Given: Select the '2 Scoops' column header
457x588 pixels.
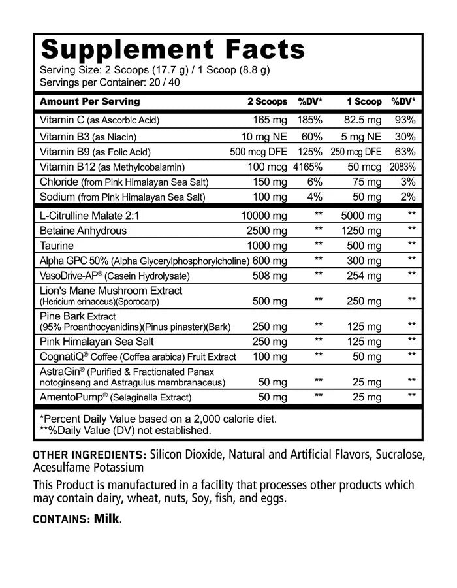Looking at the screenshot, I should [x=266, y=102].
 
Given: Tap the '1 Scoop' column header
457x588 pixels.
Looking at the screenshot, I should [x=364, y=102].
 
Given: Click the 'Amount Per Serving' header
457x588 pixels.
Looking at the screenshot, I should [x=90, y=102].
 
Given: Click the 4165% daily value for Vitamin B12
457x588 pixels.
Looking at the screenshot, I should [x=307, y=167].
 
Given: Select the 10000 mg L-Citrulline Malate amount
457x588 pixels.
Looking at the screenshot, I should [x=262, y=214].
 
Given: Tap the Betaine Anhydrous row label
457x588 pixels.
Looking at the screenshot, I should [x=83, y=230].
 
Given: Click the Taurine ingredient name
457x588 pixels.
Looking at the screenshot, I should [x=57, y=246].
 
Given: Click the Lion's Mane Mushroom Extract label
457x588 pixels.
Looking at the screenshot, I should [x=111, y=291].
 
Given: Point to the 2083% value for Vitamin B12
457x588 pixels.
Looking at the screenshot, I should [x=403, y=167].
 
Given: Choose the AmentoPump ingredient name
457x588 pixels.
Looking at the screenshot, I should [x=72, y=397].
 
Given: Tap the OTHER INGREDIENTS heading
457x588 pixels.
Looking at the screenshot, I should [x=89, y=455].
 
